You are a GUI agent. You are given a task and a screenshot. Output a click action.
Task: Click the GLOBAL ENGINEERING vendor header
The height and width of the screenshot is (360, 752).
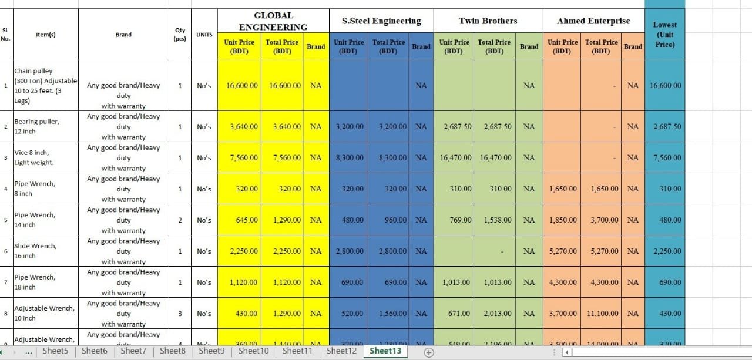click(273, 21)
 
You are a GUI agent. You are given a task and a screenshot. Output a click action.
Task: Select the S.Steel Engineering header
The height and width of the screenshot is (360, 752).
click(381, 21)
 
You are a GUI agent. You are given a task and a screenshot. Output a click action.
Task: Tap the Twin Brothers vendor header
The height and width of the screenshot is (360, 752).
click(488, 21)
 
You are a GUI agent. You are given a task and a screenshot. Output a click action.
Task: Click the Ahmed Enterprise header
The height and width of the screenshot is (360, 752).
click(593, 21)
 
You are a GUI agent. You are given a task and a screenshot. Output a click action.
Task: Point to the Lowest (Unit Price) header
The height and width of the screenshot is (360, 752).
click(664, 34)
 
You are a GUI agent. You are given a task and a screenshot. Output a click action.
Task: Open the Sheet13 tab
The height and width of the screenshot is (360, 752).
click(385, 351)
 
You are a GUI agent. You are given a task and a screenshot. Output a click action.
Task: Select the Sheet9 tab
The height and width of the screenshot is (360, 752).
click(211, 351)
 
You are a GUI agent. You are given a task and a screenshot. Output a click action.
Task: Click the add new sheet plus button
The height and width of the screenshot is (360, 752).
click(429, 352)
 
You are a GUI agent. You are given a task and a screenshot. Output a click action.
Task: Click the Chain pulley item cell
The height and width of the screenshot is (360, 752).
click(46, 86)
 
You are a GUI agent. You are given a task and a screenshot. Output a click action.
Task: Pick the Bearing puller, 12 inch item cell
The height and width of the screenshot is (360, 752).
click(45, 126)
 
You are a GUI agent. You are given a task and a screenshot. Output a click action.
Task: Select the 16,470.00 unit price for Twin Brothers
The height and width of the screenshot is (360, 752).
click(456, 158)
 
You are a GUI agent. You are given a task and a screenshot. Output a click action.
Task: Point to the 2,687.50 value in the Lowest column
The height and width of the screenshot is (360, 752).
click(665, 127)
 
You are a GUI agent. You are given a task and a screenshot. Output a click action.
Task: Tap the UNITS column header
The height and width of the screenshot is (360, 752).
click(204, 35)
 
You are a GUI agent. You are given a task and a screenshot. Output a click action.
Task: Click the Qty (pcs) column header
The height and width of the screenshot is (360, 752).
click(180, 35)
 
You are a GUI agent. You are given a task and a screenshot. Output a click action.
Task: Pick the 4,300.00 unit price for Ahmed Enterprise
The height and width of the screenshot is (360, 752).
click(563, 282)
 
